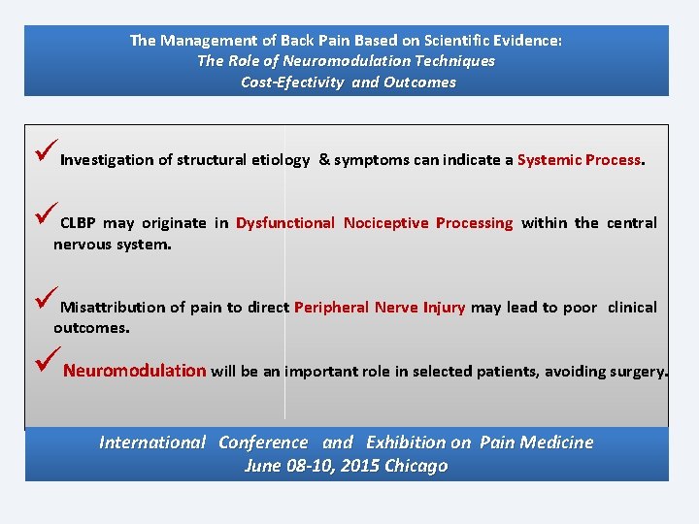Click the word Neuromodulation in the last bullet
(x=134, y=371)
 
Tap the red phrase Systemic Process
(x=579, y=160)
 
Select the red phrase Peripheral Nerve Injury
(x=380, y=308)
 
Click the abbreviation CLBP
(x=78, y=223)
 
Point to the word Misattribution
(x=113, y=308)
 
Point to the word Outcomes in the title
(x=418, y=82)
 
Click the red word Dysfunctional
(x=284, y=223)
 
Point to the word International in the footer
(x=152, y=442)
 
